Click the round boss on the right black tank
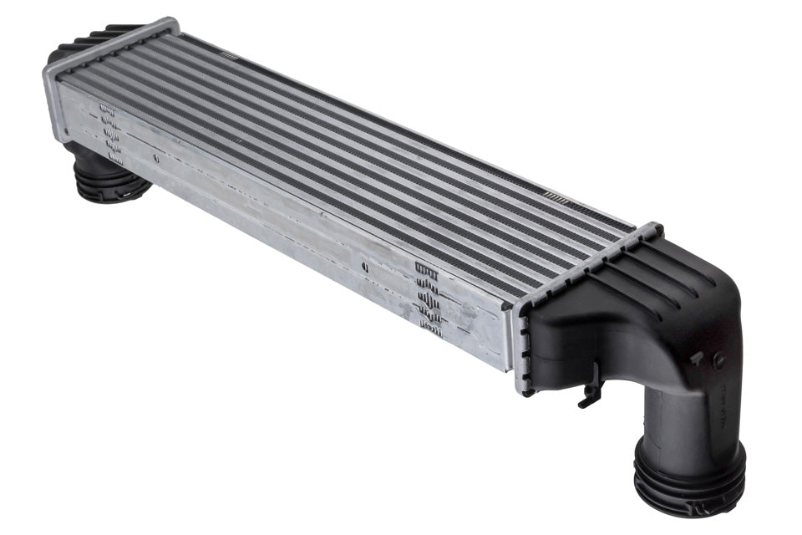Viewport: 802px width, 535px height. click(718, 362)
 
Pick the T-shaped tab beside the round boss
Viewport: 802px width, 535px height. click(696, 357)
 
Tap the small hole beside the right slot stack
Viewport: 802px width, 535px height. click(365, 267)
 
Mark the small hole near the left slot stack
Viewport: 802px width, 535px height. click(155, 156)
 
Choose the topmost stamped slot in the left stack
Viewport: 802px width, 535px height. click(106, 108)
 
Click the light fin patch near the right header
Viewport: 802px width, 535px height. click(556, 196)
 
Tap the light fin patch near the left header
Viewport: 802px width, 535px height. click(228, 55)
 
